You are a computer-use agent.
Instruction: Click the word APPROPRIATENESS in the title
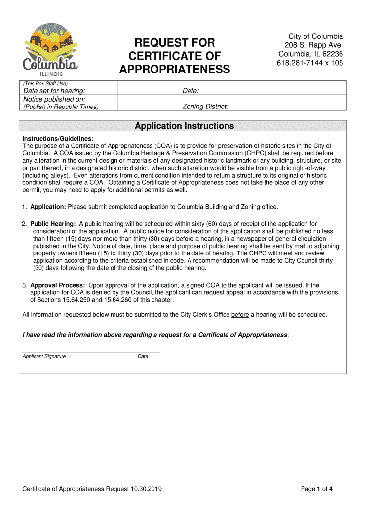[x=175, y=70]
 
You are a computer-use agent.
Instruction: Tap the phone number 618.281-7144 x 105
[x=309, y=63]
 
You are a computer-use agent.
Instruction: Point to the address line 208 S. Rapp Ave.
[x=309, y=45]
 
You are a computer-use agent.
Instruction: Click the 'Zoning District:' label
[x=205, y=107]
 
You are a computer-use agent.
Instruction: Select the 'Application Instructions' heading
[x=184, y=126]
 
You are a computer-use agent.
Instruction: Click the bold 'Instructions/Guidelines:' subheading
[x=58, y=139]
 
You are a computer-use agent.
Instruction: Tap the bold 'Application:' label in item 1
[x=48, y=207]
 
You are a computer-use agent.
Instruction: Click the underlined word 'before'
[x=240, y=315]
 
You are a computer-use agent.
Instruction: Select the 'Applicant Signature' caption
[x=44, y=356]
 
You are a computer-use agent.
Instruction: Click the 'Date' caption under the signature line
[x=143, y=356]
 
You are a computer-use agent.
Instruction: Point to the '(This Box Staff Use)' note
[x=44, y=83]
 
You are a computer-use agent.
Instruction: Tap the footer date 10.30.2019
[x=147, y=489]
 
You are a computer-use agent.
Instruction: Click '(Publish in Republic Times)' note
[x=61, y=107]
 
